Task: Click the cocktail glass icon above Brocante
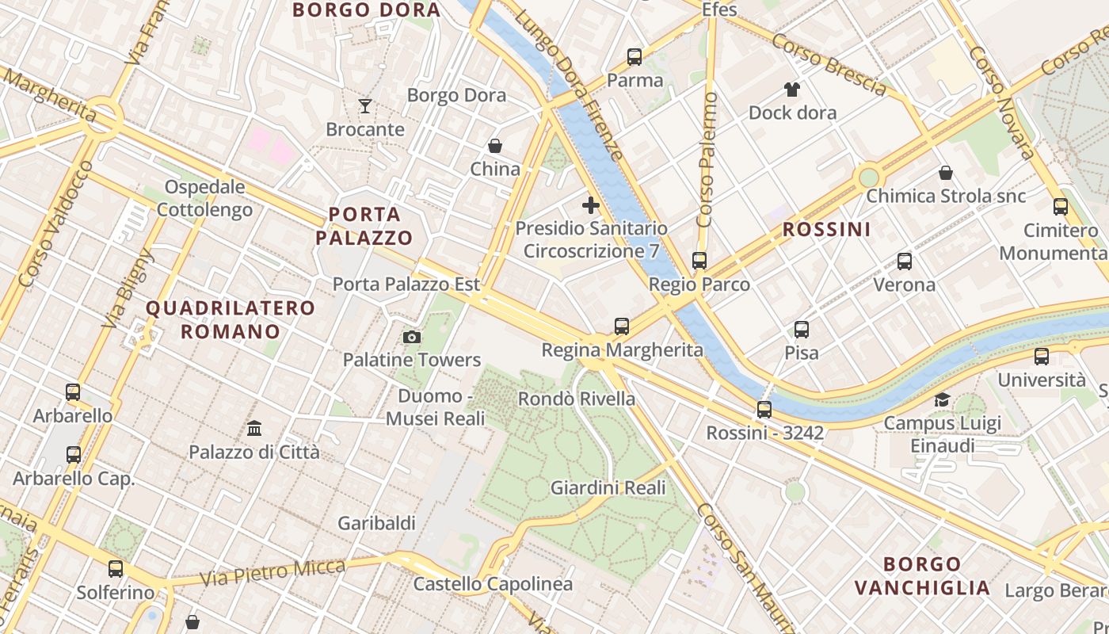pos(364,105)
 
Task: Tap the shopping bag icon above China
pos(495,146)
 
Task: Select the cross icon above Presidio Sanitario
pos(590,205)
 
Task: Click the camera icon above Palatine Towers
pos(411,337)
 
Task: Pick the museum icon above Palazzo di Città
pos(254,429)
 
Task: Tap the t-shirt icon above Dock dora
pos(792,89)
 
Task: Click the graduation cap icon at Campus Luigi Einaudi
pos(942,399)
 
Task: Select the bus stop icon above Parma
pos(635,57)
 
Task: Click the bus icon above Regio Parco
pos(699,261)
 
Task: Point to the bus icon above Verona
pos(905,262)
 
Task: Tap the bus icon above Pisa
pos(802,330)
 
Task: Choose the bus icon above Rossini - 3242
pos(764,410)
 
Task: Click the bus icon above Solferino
pos(116,569)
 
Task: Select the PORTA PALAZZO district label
pos(364,226)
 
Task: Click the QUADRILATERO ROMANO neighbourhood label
pos(231,319)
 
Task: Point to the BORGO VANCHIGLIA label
pos(923,576)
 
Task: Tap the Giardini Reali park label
pos(608,487)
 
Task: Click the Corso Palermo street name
pos(707,159)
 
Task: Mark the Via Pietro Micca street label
pos(273,572)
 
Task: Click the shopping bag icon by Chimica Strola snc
pos(945,173)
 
